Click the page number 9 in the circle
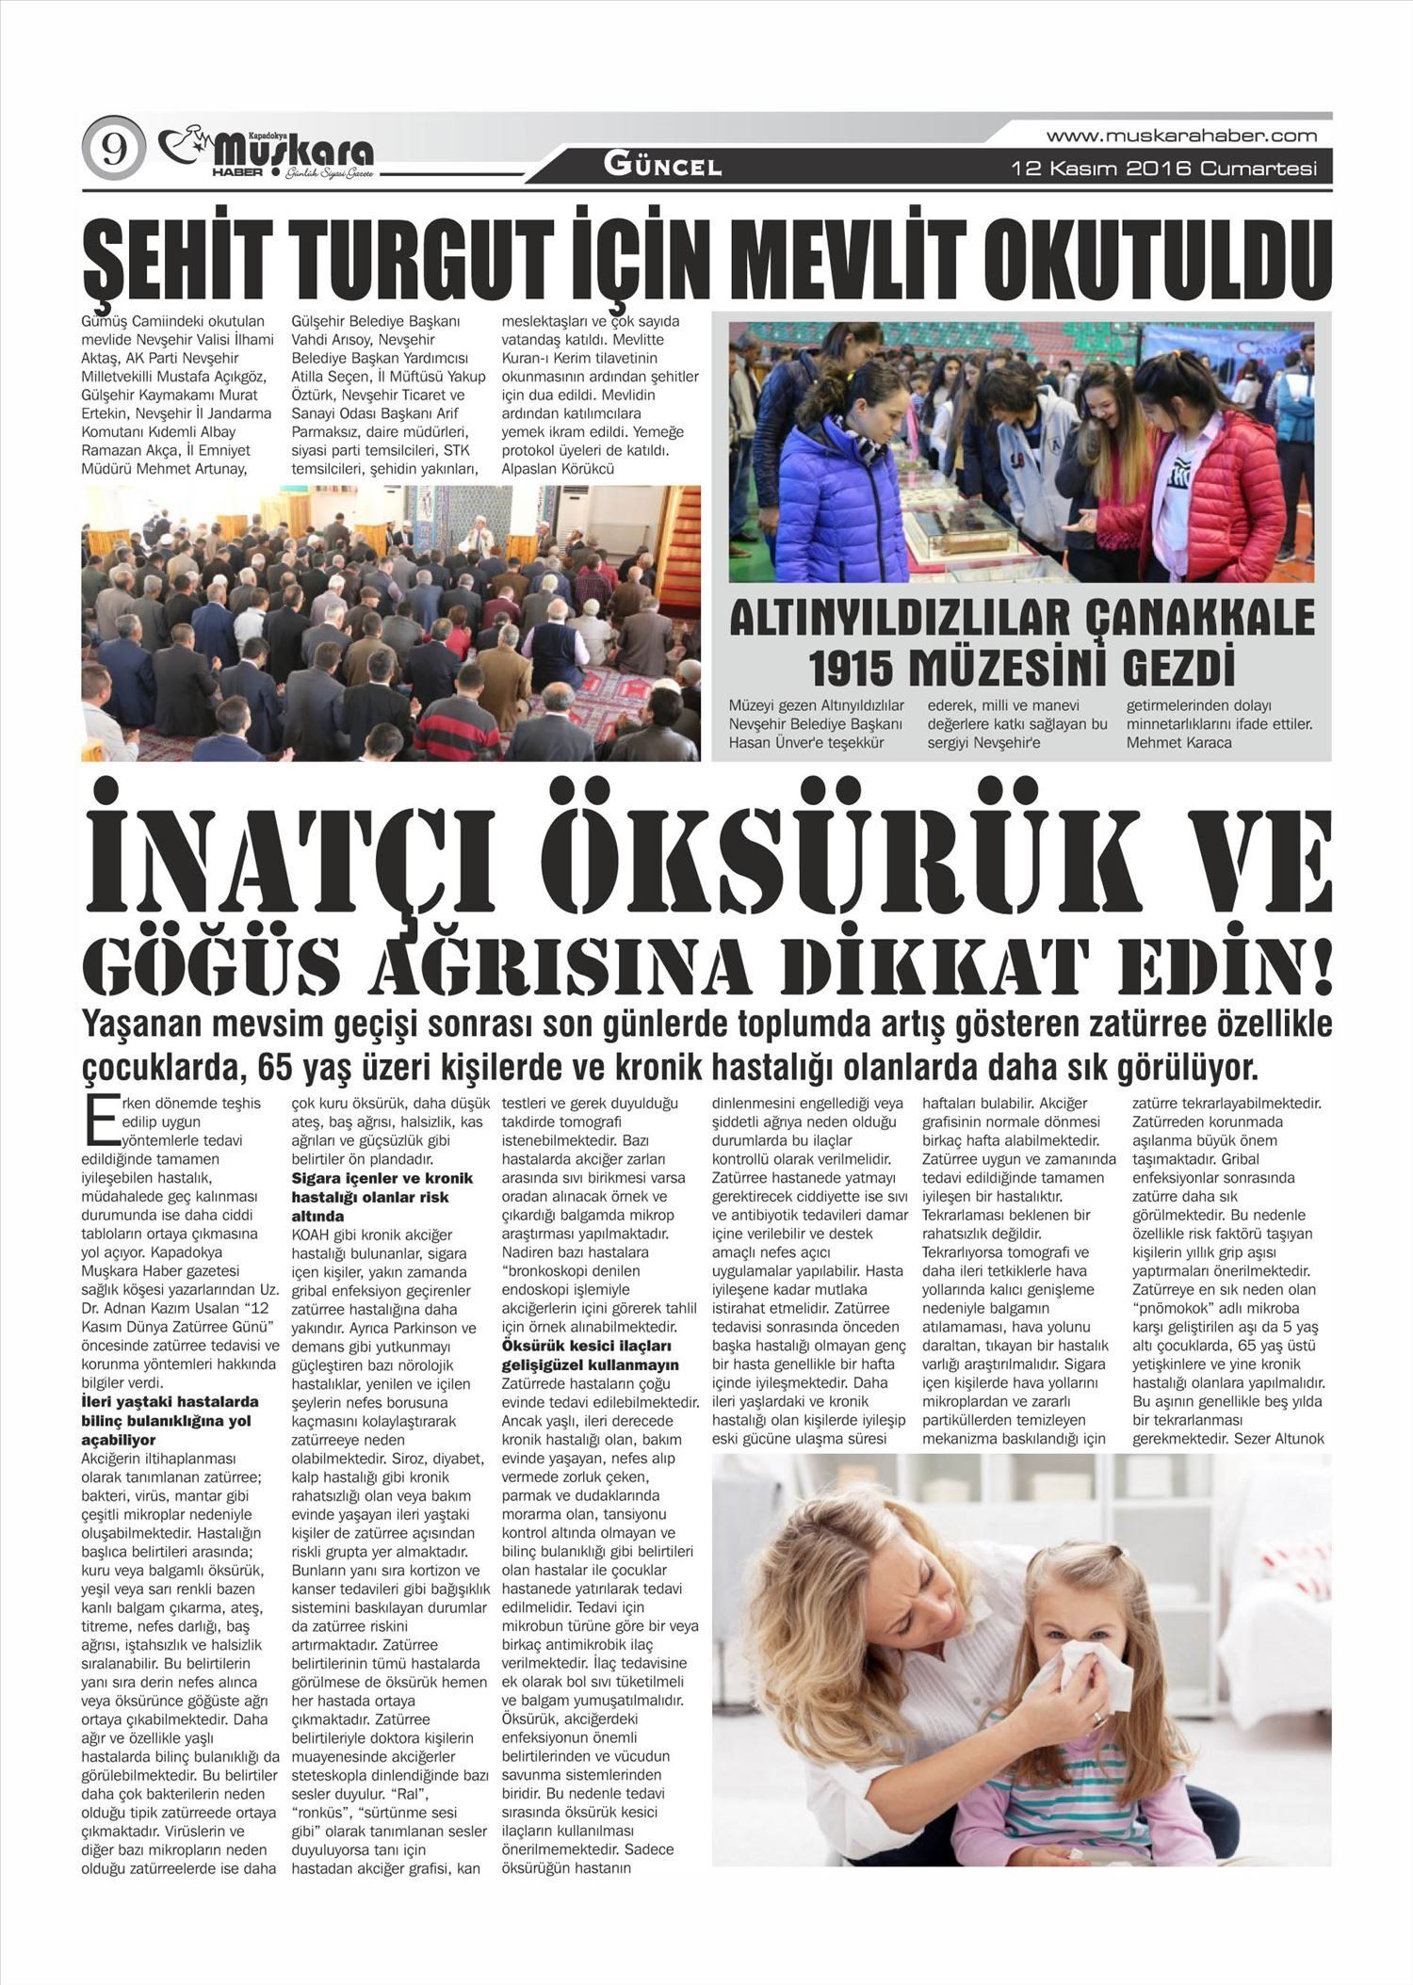(114, 150)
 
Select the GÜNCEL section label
(662, 168)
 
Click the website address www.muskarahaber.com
(1181, 136)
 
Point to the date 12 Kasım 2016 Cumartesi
(1164, 169)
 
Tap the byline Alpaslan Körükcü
(558, 469)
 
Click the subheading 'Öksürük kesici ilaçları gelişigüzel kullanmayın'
(590, 1356)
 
